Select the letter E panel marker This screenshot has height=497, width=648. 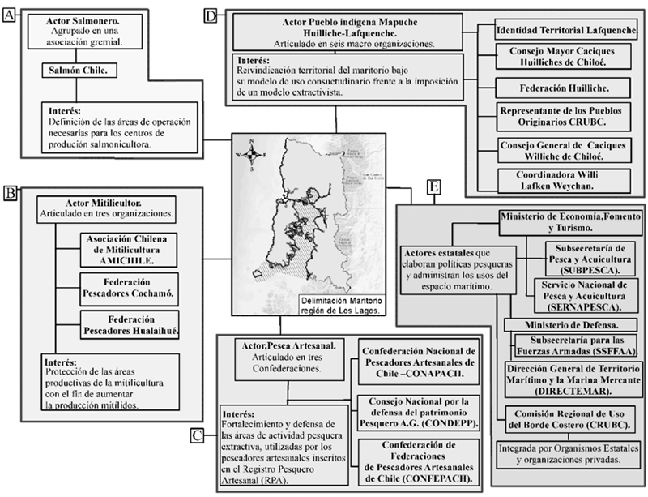click(x=435, y=188)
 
